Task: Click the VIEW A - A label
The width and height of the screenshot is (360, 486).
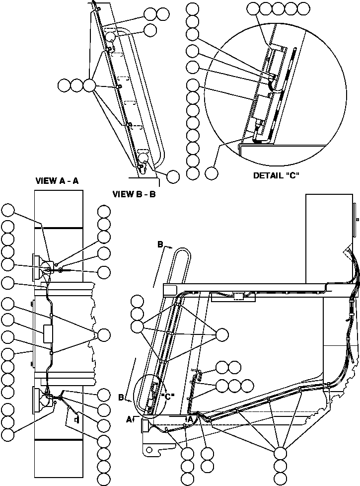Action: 57,181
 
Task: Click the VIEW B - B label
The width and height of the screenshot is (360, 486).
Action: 134,194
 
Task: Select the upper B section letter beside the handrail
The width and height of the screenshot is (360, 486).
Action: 160,244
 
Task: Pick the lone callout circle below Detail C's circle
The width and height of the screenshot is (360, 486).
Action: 212,173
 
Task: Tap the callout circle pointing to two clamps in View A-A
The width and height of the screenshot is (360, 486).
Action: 104,334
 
